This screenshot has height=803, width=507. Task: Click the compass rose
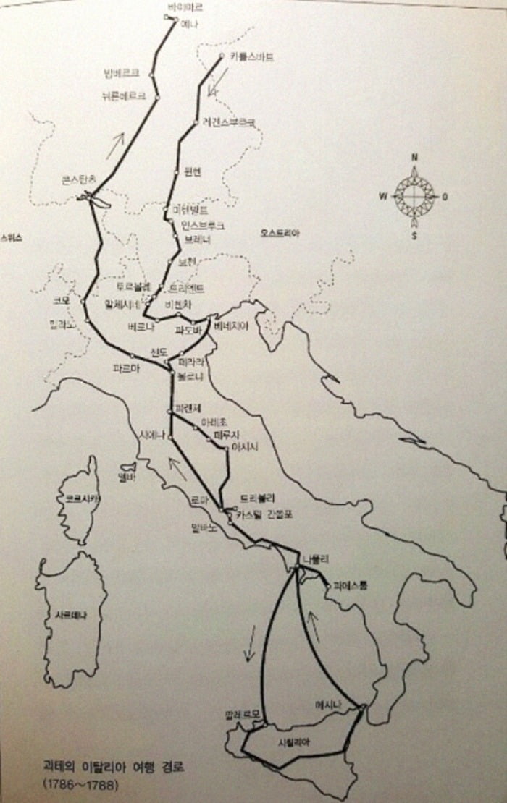(x=414, y=195)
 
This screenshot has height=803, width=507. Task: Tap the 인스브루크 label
(x=203, y=226)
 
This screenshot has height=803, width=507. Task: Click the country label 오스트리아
(x=280, y=234)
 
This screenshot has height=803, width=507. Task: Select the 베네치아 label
(x=231, y=326)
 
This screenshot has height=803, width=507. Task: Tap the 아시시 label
(x=245, y=447)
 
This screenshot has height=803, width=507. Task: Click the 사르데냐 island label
(x=71, y=616)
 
